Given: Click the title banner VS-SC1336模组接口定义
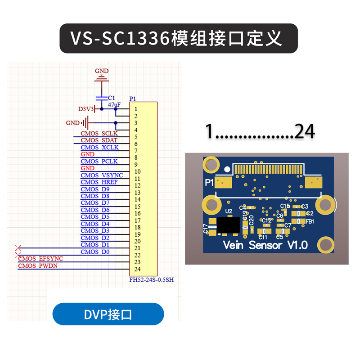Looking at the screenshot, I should (179, 38).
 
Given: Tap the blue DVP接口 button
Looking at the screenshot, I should (108, 314).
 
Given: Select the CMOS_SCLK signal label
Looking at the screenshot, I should (99, 134).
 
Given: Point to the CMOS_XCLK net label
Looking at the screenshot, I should (99, 147).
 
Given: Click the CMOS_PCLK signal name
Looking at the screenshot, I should (99, 161).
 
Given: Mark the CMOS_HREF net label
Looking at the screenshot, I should (99, 182).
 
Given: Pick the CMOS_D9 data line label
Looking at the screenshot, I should (95, 189).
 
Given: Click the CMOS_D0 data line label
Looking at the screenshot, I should (95, 252).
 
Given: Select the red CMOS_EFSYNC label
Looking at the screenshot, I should (40, 259).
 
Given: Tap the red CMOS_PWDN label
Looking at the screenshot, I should (38, 265).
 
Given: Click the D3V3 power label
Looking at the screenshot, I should (86, 109).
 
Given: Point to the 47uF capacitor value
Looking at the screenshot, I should (114, 104).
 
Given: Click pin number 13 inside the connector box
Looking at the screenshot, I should (137, 193).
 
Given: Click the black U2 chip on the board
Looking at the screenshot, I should (228, 225).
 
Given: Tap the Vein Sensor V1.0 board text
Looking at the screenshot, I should (265, 245).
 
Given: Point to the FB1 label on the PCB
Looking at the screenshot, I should (310, 222).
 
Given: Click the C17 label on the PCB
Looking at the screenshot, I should (206, 229).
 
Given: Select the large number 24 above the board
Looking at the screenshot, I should (305, 131).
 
